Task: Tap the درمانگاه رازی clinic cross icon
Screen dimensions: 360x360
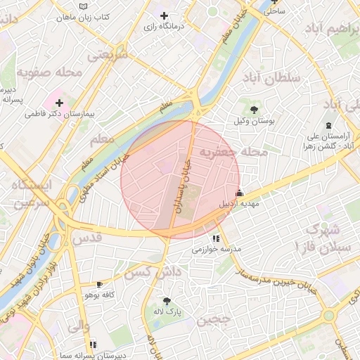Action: pos(164,15)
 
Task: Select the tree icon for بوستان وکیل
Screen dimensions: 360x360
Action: pos(253,109)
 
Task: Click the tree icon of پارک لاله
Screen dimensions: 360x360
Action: pos(167,300)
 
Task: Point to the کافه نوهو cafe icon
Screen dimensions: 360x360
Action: pos(99,284)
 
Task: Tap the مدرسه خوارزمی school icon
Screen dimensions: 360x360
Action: pos(216,239)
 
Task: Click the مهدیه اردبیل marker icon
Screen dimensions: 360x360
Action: pos(240,193)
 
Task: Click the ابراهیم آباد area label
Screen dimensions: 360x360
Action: pos(330,29)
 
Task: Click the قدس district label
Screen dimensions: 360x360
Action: pos(87,238)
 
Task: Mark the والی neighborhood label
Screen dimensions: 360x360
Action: pos(77,326)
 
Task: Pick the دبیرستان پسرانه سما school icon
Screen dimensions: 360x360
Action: pos(93,345)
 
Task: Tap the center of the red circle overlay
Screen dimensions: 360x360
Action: pos(180,179)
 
